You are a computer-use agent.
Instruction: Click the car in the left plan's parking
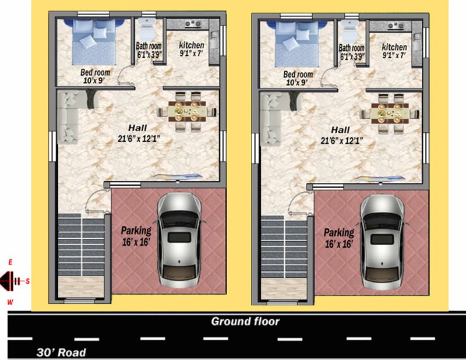179,240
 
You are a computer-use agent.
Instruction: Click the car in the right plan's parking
382,242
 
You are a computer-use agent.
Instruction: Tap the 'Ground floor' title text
245,322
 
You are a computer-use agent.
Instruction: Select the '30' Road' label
61,352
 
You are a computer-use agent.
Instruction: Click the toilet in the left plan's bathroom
146,29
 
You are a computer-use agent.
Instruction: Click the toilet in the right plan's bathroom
349,31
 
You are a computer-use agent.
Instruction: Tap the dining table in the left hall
186,111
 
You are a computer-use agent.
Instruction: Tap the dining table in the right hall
390,113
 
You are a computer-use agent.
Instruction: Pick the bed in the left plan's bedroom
94,41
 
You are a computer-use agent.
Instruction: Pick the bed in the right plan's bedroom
296,44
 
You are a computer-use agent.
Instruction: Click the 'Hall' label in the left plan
137,128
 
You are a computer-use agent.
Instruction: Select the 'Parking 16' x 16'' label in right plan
339,238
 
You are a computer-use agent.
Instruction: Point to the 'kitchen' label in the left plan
192,45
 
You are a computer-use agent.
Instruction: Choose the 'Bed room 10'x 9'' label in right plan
298,78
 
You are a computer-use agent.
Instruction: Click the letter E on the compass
10,262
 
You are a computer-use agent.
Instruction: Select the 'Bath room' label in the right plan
352,48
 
